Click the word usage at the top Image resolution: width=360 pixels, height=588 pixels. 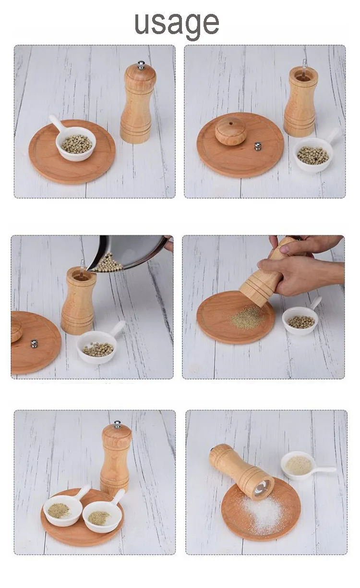[x=177, y=24]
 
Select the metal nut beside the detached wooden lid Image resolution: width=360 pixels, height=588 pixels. [x=258, y=146]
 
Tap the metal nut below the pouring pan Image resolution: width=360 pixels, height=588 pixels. [x=34, y=343]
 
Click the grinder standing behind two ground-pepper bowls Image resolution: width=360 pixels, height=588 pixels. [x=116, y=459]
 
